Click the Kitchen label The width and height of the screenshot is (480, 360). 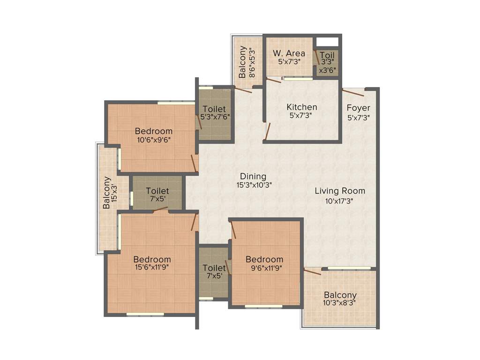click(302, 107)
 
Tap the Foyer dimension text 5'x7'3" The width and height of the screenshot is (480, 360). click(359, 118)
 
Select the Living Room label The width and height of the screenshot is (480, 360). click(339, 191)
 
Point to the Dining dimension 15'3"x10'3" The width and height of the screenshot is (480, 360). click(254, 185)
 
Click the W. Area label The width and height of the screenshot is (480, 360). click(289, 53)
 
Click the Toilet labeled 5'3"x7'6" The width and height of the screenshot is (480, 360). click(214, 112)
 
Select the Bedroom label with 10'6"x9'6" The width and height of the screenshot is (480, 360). click(154, 131)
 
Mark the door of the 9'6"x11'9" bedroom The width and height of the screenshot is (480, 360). click(232, 230)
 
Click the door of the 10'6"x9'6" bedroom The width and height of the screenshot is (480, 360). click(193, 163)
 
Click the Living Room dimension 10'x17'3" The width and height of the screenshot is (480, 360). click(339, 200)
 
